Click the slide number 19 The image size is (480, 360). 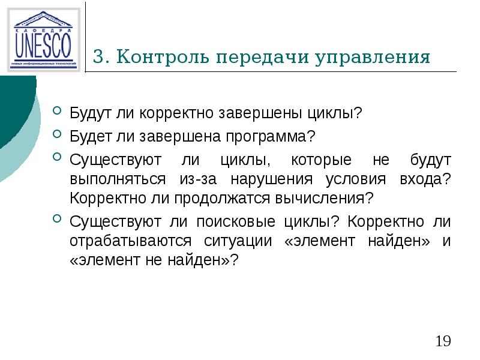tap(443, 342)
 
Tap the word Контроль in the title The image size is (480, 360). tap(163, 58)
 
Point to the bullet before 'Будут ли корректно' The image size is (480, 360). tap(57, 111)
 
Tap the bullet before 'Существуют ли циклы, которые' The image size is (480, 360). tap(57, 157)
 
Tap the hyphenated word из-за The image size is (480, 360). tap(196, 179)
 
